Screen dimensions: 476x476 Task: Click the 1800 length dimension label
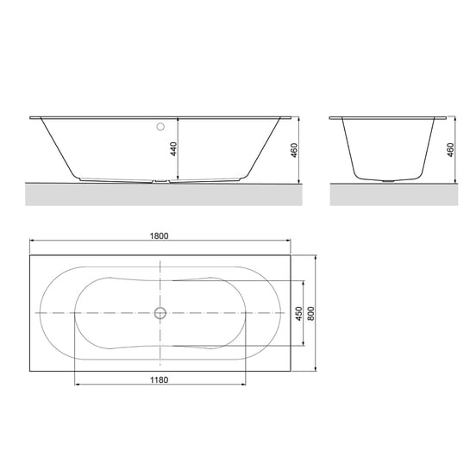pos(159,235)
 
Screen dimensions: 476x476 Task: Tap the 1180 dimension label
pos(159,379)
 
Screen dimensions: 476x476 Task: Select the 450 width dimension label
pos(299,314)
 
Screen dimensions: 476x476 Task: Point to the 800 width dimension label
pos(310,314)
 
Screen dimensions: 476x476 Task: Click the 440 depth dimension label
pos(173,148)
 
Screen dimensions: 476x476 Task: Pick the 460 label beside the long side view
pos(294,150)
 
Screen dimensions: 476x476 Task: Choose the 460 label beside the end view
pos(450,150)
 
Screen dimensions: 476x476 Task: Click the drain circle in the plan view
pos(160,313)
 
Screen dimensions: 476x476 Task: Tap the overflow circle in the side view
pos(160,127)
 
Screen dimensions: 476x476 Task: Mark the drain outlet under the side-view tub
pos(161,181)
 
